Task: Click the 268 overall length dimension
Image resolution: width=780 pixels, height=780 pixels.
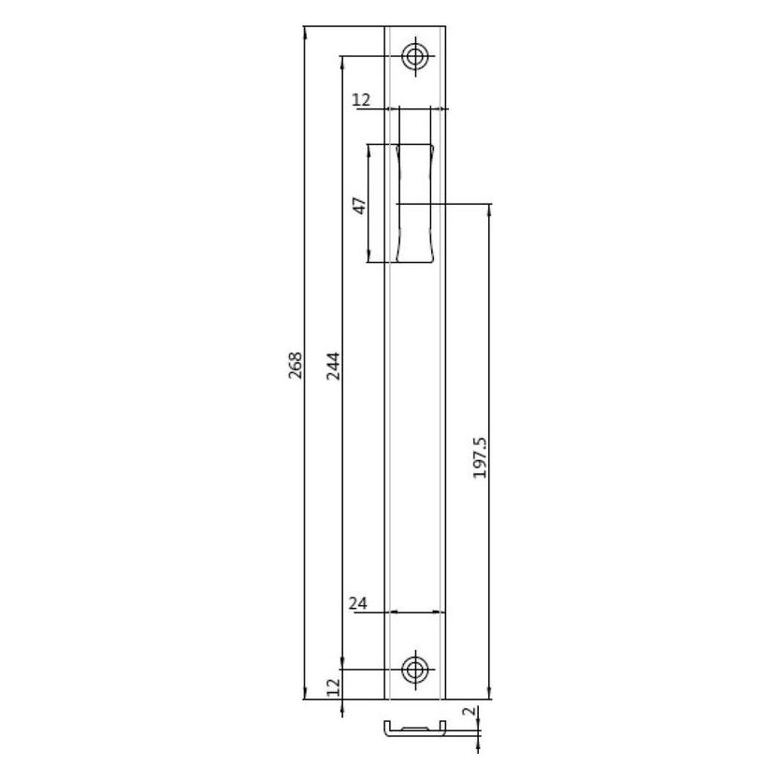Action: click(296, 365)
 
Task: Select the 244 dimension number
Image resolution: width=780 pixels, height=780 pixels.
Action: click(333, 366)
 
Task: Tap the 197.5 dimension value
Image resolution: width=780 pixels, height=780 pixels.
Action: click(480, 458)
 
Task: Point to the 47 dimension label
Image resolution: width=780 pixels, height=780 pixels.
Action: click(360, 206)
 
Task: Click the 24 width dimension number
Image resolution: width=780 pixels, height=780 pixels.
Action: click(357, 603)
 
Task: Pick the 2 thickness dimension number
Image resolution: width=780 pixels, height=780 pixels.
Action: click(469, 712)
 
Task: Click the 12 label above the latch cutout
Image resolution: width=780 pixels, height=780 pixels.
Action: click(361, 100)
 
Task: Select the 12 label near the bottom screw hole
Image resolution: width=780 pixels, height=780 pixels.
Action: click(333, 687)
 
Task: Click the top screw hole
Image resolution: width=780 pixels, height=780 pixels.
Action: click(415, 56)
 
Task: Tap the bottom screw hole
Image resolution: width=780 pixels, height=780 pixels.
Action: click(415, 670)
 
